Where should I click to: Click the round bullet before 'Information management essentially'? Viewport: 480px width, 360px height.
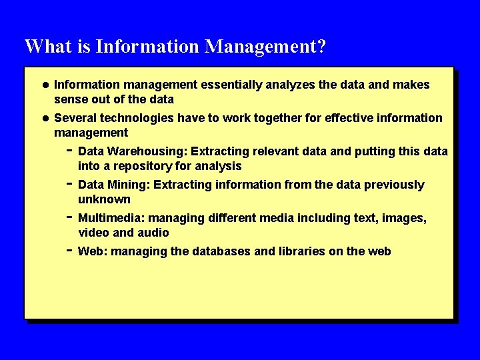click(x=45, y=85)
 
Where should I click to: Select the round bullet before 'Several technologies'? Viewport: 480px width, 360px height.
click(x=45, y=118)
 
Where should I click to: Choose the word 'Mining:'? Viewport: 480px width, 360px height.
click(x=128, y=185)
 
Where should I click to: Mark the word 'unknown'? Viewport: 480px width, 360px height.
click(x=104, y=199)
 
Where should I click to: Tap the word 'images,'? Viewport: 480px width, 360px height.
click(x=406, y=218)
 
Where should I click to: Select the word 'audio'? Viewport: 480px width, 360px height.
click(x=153, y=233)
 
